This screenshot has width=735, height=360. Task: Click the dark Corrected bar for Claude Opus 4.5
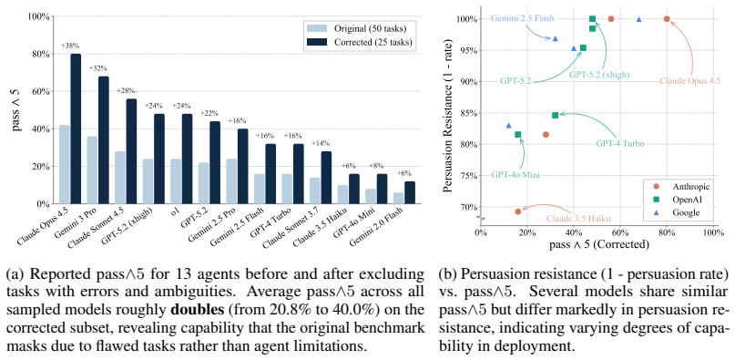[x=76, y=129]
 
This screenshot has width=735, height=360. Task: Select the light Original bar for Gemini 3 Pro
[x=92, y=170]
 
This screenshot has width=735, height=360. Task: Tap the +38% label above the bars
[x=70, y=46]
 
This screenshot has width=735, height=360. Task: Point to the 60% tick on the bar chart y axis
[x=39, y=91]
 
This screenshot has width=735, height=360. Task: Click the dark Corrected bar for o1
[x=187, y=159]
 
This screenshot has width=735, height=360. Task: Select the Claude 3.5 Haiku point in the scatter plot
[x=517, y=211]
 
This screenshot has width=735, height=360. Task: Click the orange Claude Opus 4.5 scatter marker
[x=667, y=19]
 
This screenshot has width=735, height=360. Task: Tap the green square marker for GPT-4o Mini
[x=517, y=135]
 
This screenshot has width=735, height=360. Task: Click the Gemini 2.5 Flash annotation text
[x=523, y=18]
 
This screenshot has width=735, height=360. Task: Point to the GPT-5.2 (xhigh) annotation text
[x=599, y=74]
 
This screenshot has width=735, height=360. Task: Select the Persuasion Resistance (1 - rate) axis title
[x=448, y=114]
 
